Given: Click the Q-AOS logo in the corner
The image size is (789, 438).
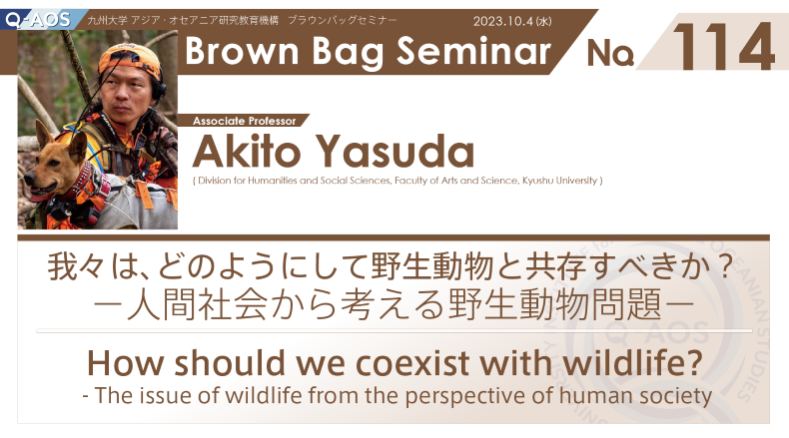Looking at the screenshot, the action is pos(39,20).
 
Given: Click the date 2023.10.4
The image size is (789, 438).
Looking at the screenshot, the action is pos(503,21).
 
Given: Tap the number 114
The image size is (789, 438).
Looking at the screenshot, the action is pos(722,46).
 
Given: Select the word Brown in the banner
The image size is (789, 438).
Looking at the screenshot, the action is pos(242,51).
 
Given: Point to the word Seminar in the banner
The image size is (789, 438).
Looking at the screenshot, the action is pos(474,51).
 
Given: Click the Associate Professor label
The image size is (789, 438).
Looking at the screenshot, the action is pos(244,121).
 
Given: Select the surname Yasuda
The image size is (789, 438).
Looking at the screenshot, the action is pos(395,151).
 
